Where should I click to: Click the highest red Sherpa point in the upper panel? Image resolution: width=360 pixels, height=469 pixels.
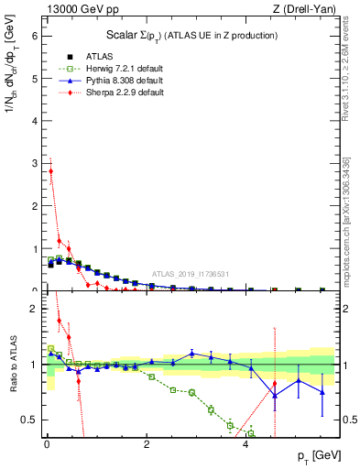[51, 171]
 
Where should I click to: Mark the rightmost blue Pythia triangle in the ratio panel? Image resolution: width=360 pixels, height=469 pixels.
[322, 391]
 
